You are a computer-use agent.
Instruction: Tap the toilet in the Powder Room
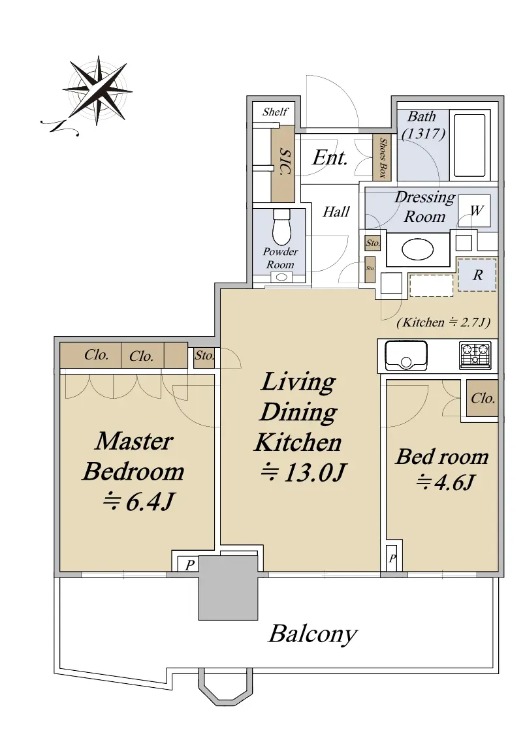[282, 226]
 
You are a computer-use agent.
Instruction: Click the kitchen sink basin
[406, 356]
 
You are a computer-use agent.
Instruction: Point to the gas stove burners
[475, 355]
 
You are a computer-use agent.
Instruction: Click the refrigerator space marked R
[477, 275]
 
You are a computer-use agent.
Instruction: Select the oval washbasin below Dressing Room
[417, 249]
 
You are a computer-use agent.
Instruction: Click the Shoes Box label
[383, 158]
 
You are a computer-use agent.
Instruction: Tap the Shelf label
[275, 112]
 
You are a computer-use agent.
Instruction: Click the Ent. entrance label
[330, 157]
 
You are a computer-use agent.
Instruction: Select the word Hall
[336, 211]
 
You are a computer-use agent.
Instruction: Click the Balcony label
[313, 634]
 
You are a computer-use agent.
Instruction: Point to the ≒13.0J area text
[304, 472]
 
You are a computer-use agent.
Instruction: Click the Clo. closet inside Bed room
[483, 398]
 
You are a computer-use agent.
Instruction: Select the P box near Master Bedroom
[189, 565]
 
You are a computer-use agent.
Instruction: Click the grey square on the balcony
[229, 587]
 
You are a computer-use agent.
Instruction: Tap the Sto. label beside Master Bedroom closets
[204, 356]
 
